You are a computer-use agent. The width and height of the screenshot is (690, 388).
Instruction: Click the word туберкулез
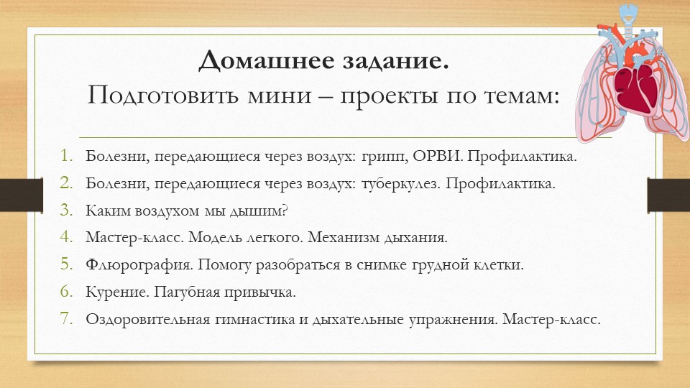tap(399, 183)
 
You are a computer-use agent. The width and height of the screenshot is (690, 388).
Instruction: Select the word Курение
tap(113, 292)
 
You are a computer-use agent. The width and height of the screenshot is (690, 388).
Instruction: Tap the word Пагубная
tap(178, 292)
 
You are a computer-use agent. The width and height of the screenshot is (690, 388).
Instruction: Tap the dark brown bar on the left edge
tap(13, 193)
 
